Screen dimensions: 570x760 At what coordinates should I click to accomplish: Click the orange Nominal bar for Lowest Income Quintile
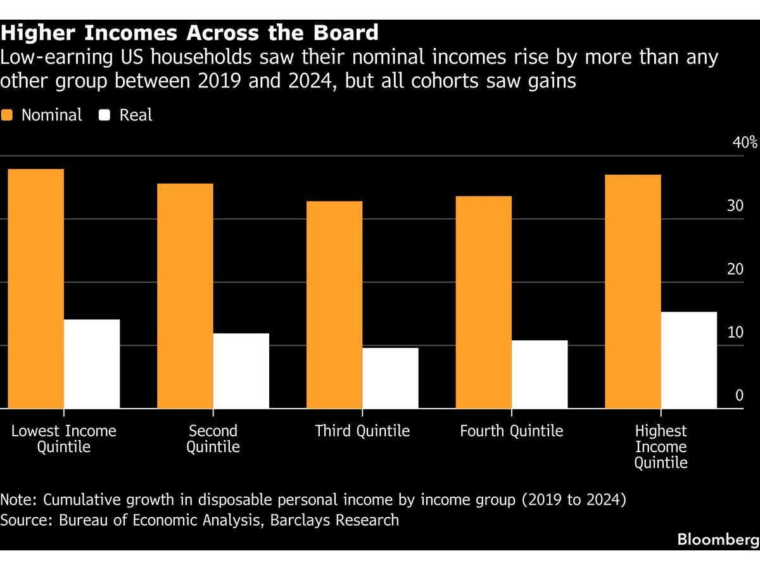(x=35, y=289)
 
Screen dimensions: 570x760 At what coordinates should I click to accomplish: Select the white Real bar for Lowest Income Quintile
(x=92, y=364)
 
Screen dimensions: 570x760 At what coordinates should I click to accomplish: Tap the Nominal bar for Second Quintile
(x=185, y=296)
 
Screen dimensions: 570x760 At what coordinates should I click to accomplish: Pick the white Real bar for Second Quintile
(x=241, y=371)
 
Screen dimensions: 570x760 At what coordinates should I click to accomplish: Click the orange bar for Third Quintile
(x=334, y=305)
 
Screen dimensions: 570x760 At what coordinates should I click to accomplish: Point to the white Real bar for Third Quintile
(x=391, y=378)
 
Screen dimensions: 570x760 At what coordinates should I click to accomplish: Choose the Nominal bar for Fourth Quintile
(x=484, y=302)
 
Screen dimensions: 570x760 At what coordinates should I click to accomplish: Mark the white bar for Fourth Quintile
(x=540, y=374)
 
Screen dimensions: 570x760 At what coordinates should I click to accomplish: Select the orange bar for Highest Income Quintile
(x=633, y=291)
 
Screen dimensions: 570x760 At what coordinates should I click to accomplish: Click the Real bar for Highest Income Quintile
(x=690, y=360)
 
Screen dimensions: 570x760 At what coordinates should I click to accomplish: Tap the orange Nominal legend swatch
(x=7, y=115)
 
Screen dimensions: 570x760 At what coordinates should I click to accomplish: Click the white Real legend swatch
(x=105, y=115)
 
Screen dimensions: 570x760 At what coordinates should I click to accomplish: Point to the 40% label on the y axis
(x=745, y=142)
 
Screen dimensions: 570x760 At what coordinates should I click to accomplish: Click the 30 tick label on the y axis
(x=735, y=206)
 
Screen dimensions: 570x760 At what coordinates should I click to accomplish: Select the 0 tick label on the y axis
(x=738, y=396)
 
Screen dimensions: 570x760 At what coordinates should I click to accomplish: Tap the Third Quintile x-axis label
(x=362, y=431)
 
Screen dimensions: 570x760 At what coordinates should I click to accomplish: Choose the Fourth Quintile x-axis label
(x=511, y=431)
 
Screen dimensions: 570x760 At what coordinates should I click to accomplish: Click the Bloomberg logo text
(x=718, y=540)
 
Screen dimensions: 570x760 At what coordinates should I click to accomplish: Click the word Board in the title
(x=346, y=32)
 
